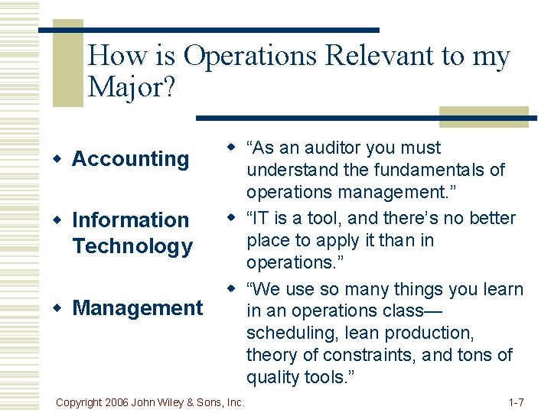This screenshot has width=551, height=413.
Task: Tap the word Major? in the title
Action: pos(132,87)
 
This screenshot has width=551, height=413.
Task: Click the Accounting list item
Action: pos(130,159)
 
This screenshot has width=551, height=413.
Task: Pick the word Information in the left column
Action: pos(130,220)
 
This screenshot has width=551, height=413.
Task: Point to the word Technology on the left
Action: pos(132,246)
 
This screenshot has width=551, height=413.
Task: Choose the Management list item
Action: pos(138,308)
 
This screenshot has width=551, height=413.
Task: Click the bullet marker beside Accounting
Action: pos(57,159)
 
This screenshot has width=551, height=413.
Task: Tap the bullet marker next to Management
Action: pos(57,308)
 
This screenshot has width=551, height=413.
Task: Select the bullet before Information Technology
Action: pos(57,220)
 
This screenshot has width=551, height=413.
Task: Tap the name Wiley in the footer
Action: pos(179,402)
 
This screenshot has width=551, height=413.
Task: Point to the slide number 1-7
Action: pos(516,402)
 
